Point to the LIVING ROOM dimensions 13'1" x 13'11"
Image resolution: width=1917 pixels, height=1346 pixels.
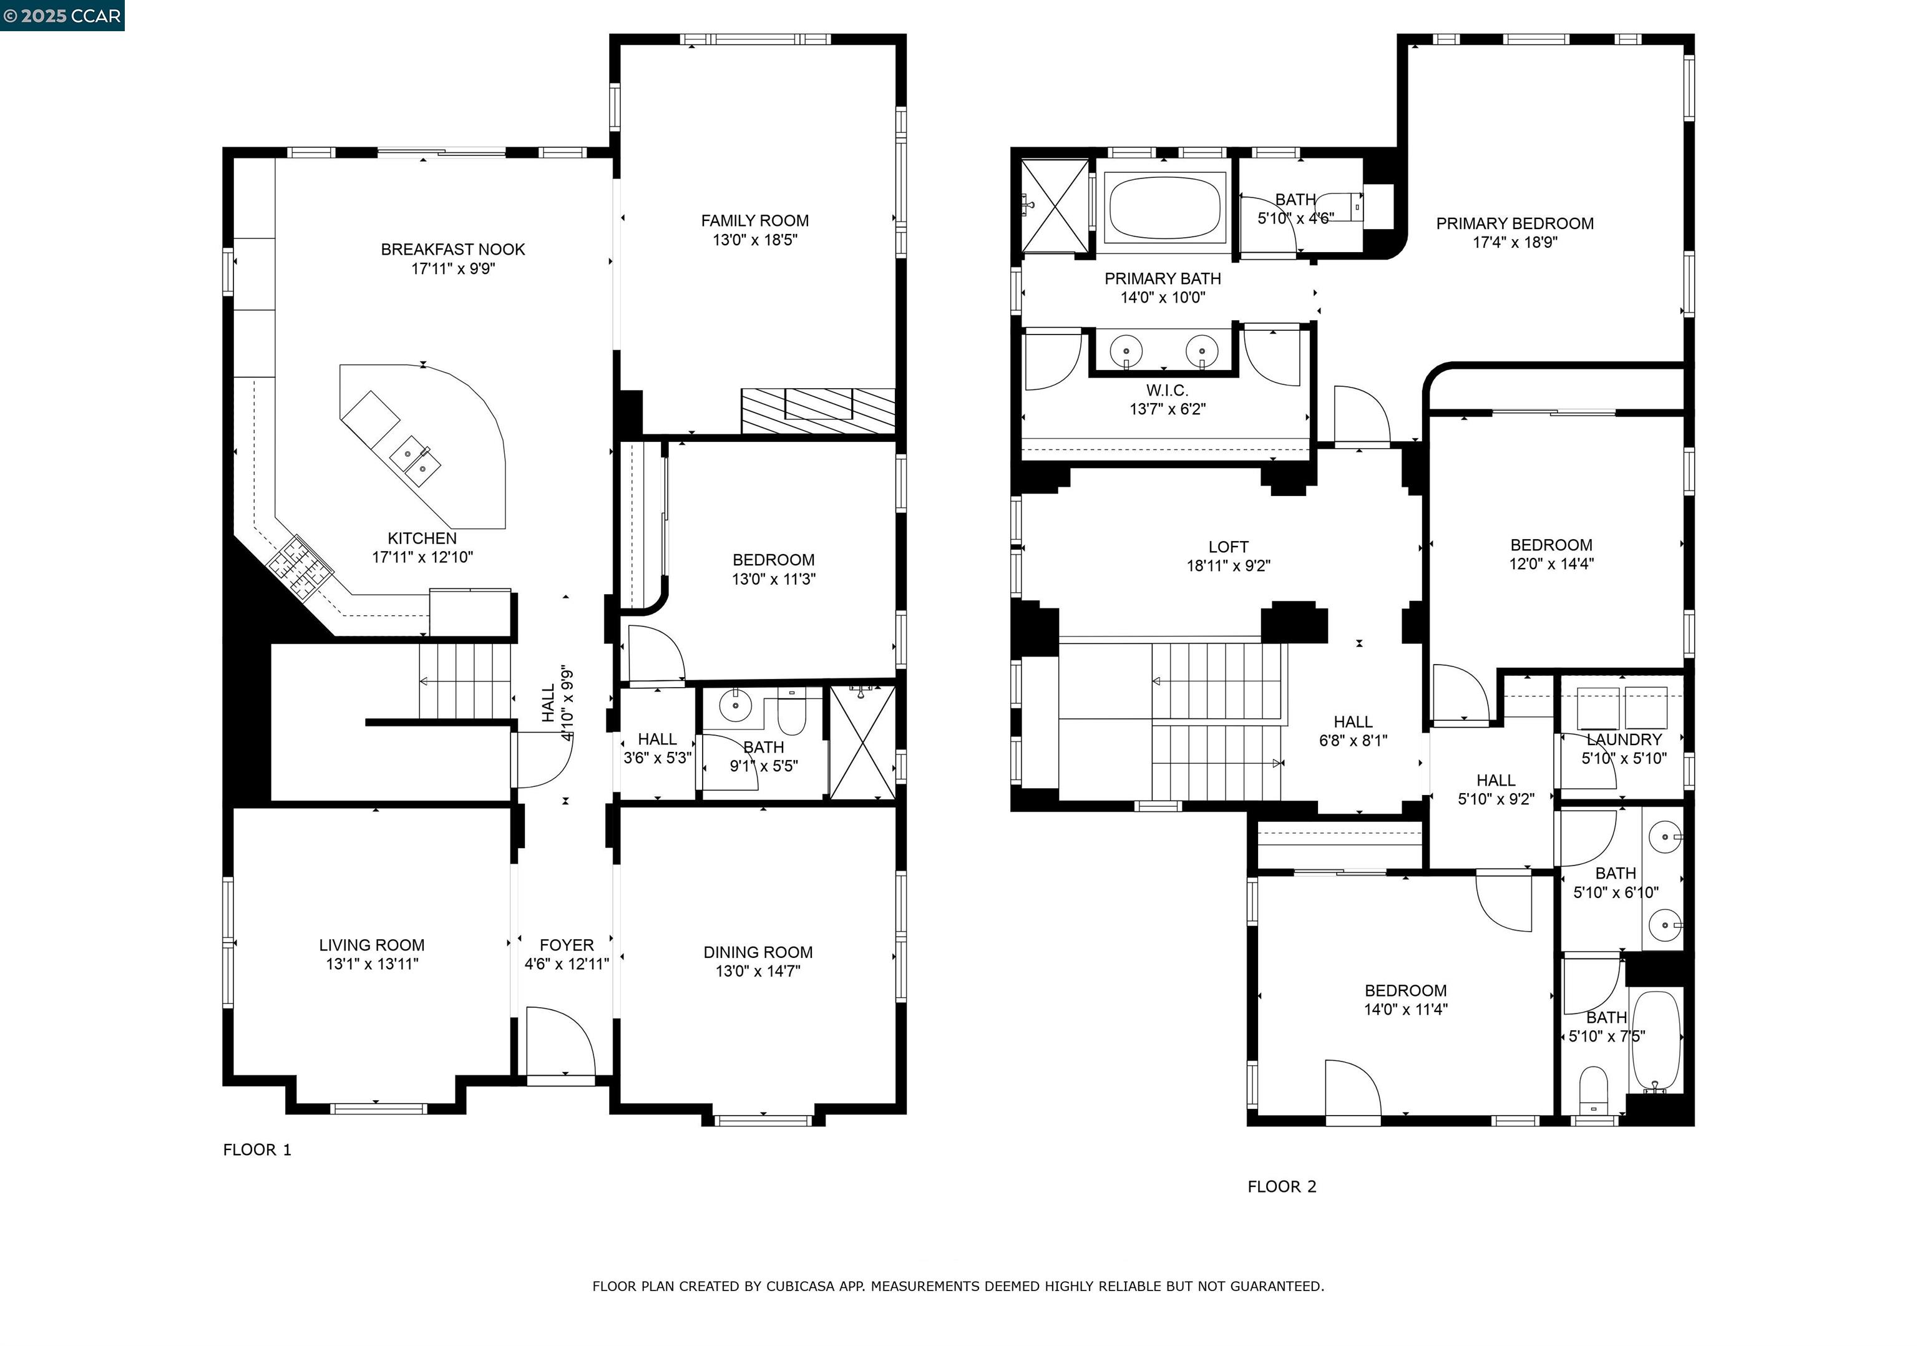coord(371,964)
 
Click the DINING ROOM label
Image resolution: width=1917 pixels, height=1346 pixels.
coord(758,952)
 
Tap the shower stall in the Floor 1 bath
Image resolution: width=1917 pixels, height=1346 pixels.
coord(862,743)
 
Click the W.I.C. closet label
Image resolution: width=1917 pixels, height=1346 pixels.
coord(1166,391)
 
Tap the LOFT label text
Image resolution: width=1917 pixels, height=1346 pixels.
coord(1228,547)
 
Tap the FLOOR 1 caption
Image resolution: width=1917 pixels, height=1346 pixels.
coord(257,1150)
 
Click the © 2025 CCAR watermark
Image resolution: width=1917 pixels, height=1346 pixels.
coord(62,15)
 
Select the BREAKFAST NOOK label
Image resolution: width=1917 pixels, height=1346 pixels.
coord(452,250)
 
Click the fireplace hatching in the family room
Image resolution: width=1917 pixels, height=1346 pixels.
coord(817,411)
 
